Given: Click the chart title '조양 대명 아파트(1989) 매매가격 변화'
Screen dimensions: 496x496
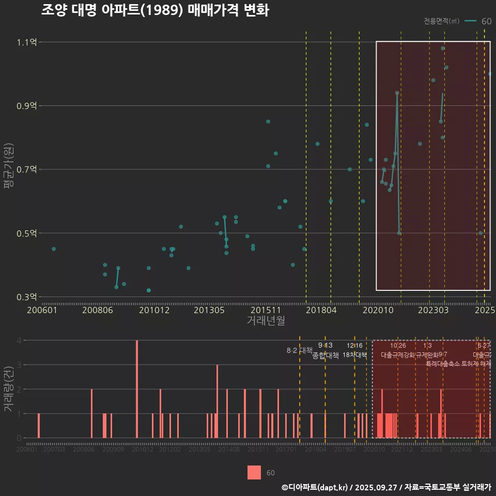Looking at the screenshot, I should point(154,11).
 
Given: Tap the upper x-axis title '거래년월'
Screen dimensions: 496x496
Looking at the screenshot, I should point(266,321).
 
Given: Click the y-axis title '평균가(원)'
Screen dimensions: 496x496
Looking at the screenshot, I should point(9,169).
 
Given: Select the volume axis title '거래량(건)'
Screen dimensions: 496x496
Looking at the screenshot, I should point(9,389).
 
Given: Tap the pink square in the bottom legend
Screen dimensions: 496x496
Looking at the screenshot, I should point(254,472).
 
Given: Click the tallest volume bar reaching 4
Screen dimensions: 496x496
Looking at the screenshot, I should point(137,389).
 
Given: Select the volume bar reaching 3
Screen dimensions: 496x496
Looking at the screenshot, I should point(217,401).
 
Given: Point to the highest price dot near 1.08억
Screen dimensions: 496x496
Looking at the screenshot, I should point(443,49).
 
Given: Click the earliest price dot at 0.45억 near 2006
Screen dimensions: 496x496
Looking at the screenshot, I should point(54,249).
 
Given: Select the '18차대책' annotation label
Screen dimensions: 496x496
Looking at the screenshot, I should point(354,355).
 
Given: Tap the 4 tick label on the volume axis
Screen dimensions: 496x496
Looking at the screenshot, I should point(19,340).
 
